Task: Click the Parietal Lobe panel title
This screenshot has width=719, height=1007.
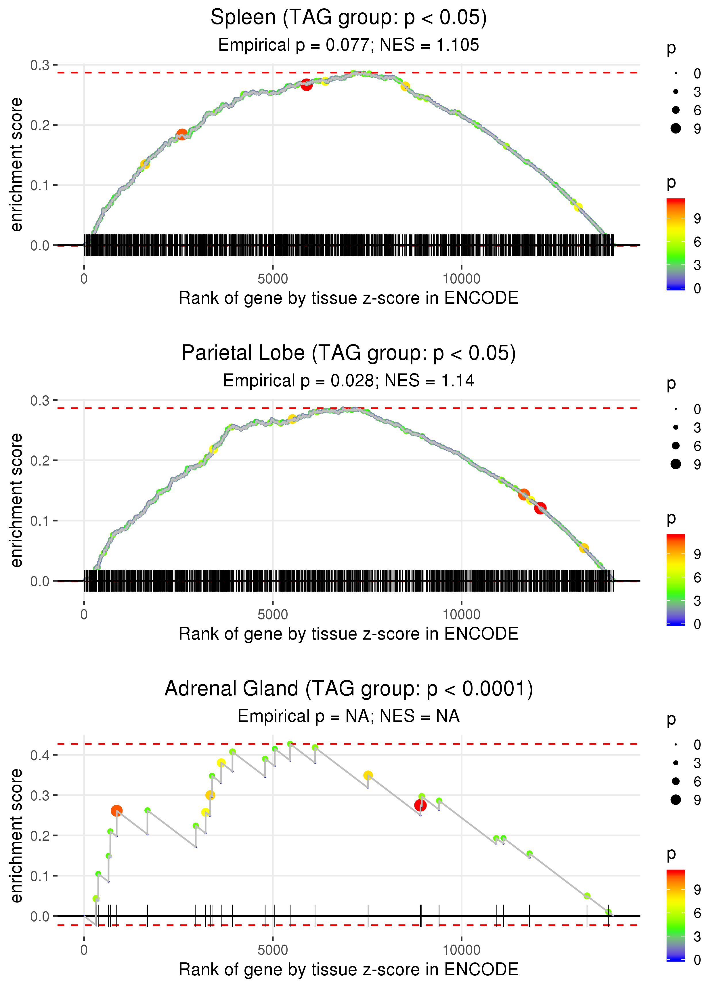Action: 349,353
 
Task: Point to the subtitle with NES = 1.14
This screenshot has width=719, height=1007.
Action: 349,381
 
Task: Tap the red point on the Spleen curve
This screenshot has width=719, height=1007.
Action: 306,85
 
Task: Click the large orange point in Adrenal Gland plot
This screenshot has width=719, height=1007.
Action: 116,811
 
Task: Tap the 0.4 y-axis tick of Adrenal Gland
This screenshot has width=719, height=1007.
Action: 40,755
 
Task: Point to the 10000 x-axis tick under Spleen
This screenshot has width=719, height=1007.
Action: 461,279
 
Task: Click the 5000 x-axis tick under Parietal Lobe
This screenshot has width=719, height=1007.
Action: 273,615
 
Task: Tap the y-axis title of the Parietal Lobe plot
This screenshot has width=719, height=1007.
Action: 16,500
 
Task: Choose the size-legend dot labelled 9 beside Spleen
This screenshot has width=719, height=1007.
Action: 676,128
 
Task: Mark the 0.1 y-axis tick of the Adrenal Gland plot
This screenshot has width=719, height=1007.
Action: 40,876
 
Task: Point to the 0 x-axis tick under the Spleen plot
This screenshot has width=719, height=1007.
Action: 84,279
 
